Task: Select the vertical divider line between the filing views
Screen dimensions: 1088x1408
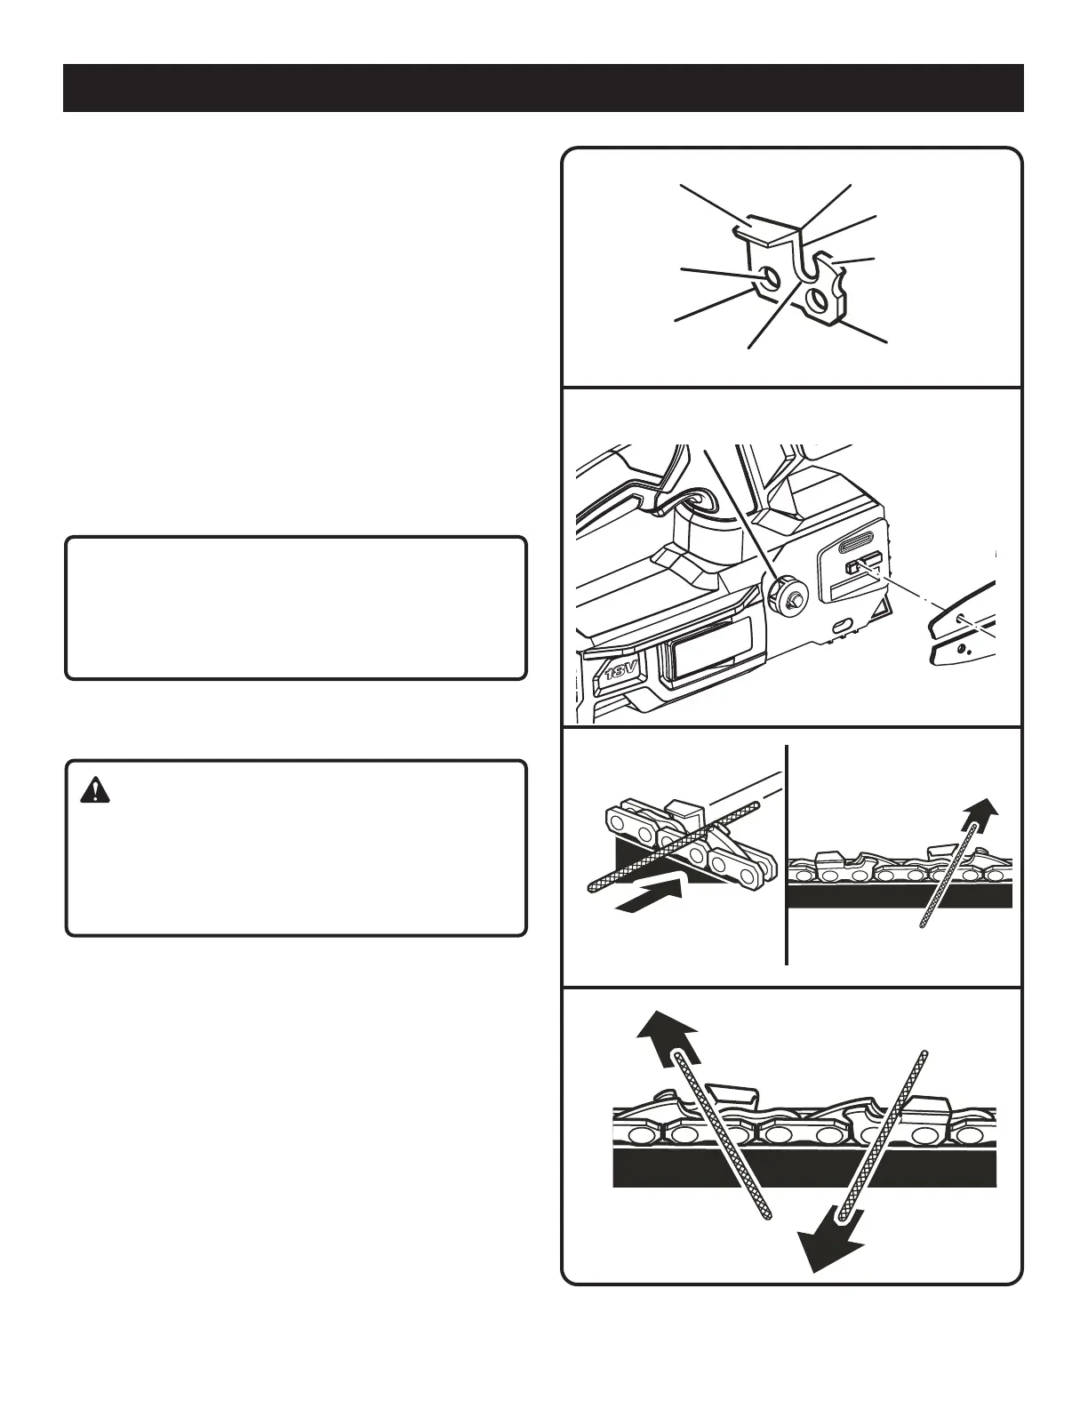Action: click(788, 853)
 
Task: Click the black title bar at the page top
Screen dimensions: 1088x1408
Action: click(543, 88)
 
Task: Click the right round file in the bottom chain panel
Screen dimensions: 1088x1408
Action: click(884, 1132)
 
